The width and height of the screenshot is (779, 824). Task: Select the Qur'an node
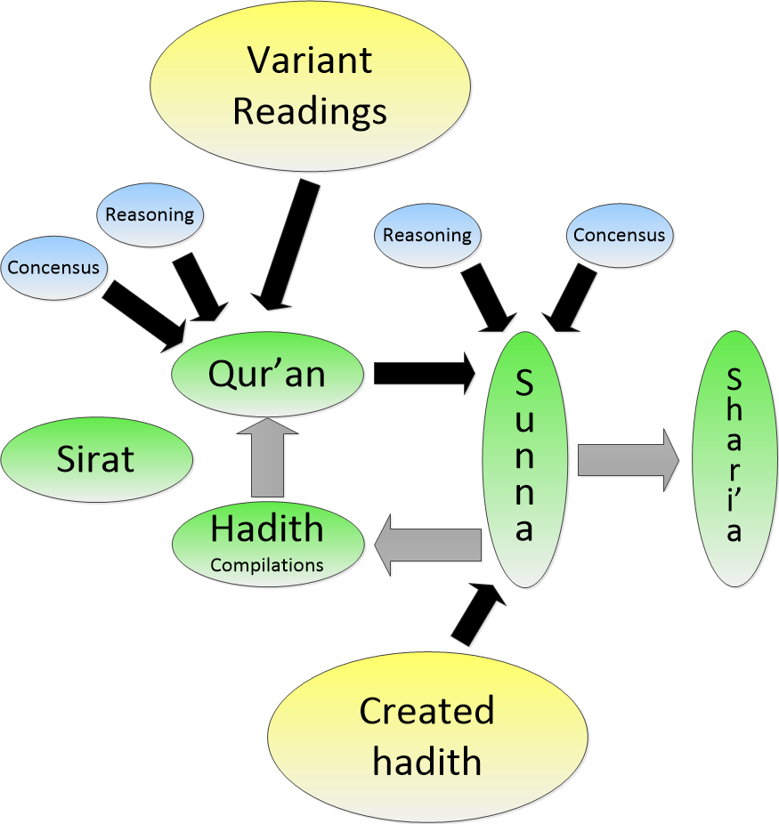[267, 375]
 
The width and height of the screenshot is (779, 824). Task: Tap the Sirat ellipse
[96, 459]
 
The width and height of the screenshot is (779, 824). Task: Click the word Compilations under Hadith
[267, 565]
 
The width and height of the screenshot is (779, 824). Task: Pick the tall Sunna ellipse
[524, 459]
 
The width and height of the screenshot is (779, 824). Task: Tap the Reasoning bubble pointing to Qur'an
[150, 214]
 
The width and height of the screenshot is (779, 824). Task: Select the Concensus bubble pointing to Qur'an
[53, 267]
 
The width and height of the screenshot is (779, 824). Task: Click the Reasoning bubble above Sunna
[427, 236]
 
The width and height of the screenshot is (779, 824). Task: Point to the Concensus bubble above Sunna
[619, 236]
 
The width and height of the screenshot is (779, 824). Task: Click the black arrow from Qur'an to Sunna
[424, 373]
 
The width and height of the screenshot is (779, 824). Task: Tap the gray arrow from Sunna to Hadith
[427, 545]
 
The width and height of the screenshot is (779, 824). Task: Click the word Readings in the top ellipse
[310, 112]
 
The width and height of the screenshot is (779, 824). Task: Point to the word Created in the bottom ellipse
[427, 711]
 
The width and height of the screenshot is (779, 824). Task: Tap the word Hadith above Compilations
[267, 530]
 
